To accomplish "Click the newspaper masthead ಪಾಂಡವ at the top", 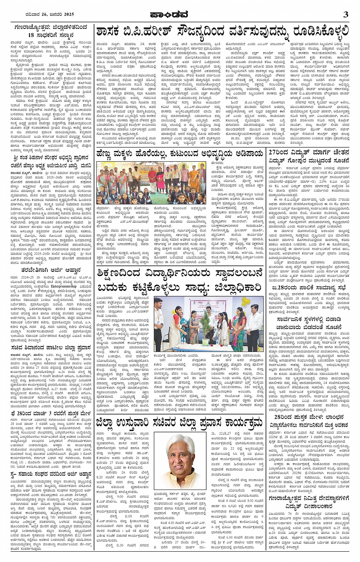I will tap(180, 14).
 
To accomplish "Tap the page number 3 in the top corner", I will tap(346, 14).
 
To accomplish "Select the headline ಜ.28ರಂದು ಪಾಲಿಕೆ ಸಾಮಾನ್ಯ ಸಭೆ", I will tap(308, 287).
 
